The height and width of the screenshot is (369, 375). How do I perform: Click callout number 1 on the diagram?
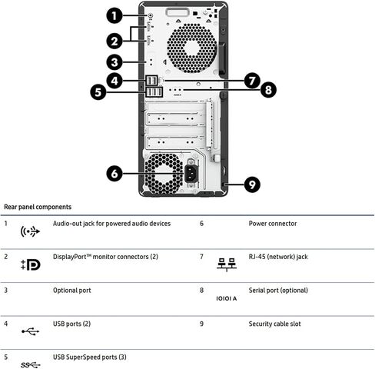pos(114,16)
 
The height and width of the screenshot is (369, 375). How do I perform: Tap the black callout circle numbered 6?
pos(114,174)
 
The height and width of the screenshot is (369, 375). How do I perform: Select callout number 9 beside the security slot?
pos(252,184)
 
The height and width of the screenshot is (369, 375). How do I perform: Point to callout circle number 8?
pos(268,90)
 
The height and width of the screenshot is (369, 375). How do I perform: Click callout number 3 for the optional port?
pos(114,62)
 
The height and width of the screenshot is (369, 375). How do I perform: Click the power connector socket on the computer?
pos(191,174)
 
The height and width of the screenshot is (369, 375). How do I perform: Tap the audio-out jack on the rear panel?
pos(151,15)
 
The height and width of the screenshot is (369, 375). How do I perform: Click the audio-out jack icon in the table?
pos(30,231)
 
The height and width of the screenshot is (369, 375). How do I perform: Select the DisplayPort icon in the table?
pos(31,264)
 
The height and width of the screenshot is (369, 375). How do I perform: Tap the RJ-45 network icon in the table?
pos(227,264)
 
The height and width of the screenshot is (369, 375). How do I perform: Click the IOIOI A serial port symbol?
pos(227,298)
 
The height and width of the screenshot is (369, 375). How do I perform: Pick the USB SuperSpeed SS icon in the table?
pos(31,364)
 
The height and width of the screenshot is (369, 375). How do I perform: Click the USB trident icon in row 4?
pos(30,331)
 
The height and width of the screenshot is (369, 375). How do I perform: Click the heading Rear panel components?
pos(38,207)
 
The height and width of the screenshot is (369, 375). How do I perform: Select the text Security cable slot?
pos(274,324)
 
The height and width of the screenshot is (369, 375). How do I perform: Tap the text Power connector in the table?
pos(273,224)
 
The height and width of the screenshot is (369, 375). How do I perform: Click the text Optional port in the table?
pos(71,291)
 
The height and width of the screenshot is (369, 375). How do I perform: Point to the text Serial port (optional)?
pos(278,291)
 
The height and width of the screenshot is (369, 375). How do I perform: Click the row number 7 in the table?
pos(201,257)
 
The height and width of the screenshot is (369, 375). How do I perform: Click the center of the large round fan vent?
pos(191,48)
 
